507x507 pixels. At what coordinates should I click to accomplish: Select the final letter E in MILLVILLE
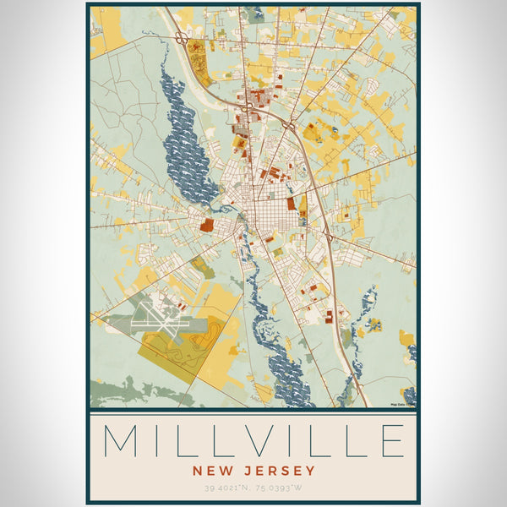(389, 441)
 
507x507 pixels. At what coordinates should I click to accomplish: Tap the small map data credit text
(401, 404)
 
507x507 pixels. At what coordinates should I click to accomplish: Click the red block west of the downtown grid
(208, 225)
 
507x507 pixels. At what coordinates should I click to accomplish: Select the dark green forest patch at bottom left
(118, 390)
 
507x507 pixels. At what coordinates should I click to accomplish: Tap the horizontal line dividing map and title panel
(253, 410)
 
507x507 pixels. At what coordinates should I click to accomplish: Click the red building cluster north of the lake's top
(197, 55)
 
